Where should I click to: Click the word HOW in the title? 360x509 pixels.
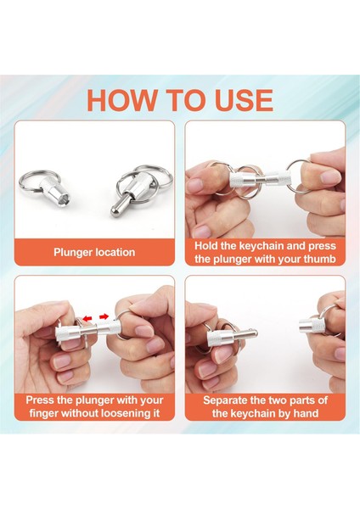[121, 100]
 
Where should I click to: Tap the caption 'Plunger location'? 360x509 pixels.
[94, 252]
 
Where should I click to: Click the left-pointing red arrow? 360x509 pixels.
[87, 318]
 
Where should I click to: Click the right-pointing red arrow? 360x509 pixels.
[104, 316]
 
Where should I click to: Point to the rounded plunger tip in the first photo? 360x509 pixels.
[114, 211]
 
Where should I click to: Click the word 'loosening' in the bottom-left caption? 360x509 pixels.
[126, 413]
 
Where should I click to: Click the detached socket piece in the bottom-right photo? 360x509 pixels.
[310, 326]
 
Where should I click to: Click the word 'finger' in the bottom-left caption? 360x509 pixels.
[43, 414]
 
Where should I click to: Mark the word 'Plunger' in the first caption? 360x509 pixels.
[72, 252]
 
